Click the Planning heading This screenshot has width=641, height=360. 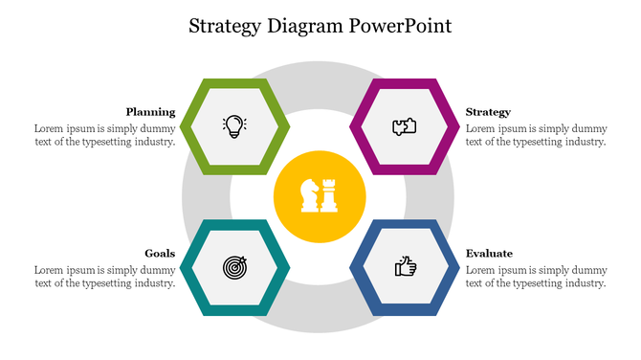point(150,111)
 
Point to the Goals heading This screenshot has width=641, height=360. point(160,253)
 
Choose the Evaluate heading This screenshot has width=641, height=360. point(489,253)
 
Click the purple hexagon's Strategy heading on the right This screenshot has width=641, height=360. point(488,111)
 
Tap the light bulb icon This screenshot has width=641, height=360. point(234,125)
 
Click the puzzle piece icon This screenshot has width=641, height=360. point(405,125)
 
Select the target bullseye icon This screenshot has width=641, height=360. point(234,267)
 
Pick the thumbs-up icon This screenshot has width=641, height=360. point(405,267)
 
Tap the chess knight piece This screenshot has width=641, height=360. point(310,195)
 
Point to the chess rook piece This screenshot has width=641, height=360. point(330,195)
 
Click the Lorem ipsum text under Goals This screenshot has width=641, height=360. point(104,276)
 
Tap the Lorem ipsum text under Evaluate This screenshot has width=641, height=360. point(536,276)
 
